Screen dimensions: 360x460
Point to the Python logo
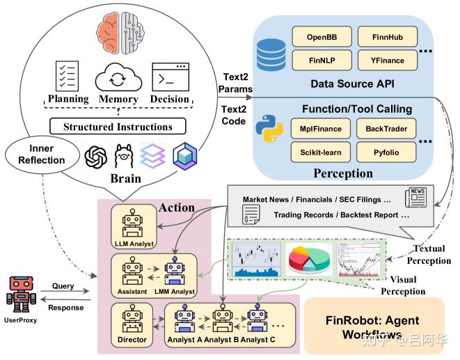[x=269, y=131]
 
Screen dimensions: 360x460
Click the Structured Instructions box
[x=118, y=127]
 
